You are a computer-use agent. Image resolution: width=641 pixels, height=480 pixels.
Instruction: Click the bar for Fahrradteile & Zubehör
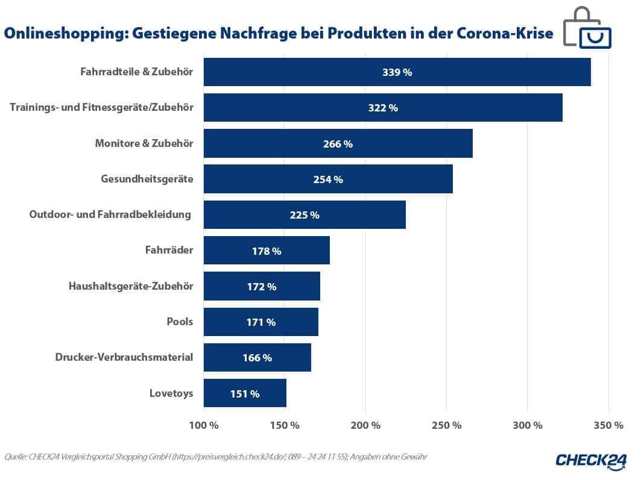397,72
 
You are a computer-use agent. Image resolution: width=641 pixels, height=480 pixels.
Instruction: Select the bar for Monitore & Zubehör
338,144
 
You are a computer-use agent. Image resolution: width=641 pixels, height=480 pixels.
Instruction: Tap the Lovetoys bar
245,393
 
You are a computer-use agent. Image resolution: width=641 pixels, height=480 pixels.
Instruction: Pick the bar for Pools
261,322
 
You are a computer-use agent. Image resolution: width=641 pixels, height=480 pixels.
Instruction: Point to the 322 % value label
383,108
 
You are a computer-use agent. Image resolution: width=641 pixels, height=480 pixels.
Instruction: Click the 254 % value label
328,179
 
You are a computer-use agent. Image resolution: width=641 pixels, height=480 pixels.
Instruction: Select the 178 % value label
267,251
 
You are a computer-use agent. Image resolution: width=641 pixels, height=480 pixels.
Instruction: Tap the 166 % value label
257,358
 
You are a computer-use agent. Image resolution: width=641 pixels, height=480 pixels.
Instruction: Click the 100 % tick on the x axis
204,426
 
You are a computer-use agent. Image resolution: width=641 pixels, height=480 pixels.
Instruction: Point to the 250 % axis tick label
447,426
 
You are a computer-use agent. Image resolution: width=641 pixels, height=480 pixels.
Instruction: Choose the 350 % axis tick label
608,426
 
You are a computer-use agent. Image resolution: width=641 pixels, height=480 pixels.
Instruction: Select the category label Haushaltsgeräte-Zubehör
131,286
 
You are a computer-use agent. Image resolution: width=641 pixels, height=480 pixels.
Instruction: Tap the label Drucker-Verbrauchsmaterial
124,357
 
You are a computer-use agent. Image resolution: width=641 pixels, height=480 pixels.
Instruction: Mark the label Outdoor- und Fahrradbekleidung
110,214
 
